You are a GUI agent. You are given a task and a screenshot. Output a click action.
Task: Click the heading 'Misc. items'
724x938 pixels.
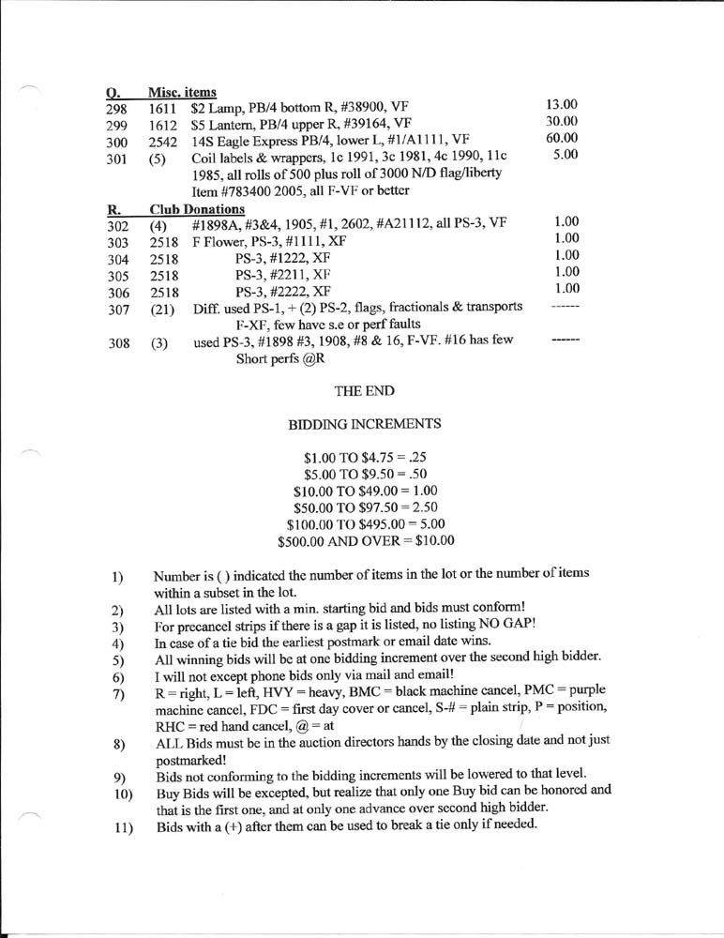point(182,92)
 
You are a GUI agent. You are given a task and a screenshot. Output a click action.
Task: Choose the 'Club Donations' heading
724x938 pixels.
point(196,208)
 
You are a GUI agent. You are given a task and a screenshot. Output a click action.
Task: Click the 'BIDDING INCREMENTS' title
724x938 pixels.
point(365,424)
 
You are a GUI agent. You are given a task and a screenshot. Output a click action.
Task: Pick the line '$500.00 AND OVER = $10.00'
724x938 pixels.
point(366,540)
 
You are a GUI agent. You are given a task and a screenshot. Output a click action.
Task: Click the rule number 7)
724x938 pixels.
point(118,693)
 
